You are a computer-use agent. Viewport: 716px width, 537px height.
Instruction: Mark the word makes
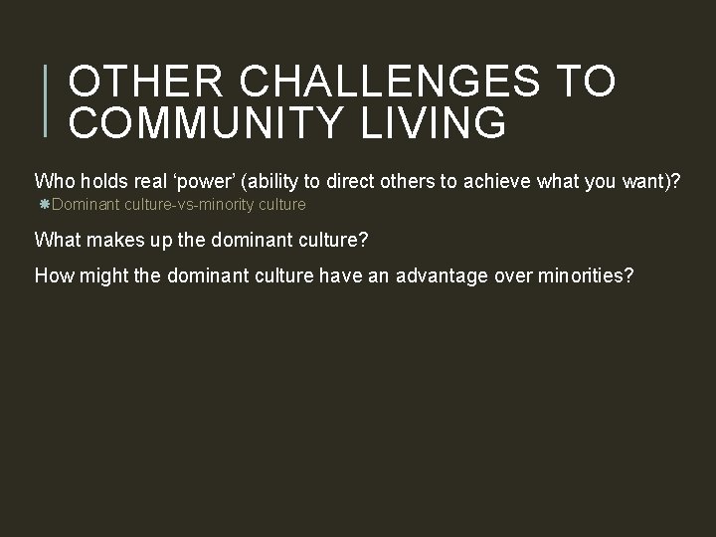[111, 240]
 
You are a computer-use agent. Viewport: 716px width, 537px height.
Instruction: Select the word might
[100, 275]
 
